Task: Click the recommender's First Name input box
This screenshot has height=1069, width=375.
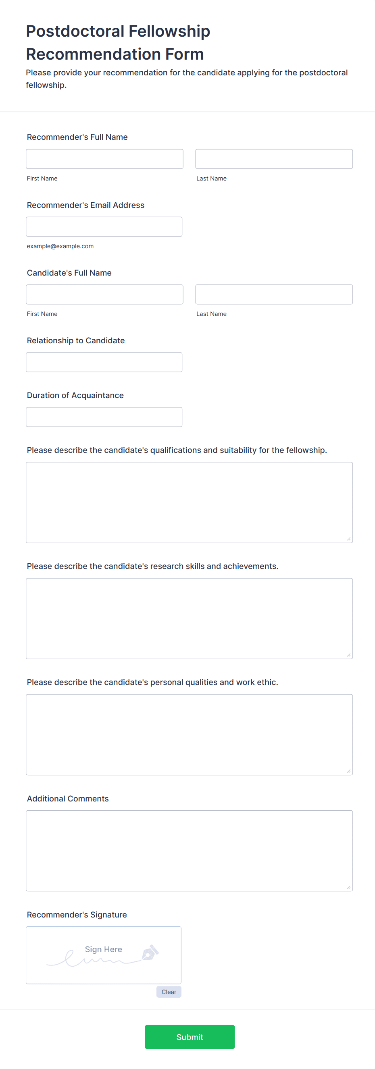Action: point(104,159)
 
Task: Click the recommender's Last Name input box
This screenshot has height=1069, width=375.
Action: point(274,159)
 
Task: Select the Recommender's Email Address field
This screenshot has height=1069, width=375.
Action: point(104,226)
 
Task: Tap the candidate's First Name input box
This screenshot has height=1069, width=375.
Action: point(104,294)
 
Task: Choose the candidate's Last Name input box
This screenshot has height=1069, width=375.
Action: point(274,294)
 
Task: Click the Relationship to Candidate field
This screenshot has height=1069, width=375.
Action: point(104,362)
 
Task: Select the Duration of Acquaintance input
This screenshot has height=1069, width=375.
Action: point(104,417)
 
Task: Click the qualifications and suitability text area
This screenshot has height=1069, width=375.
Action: point(189,502)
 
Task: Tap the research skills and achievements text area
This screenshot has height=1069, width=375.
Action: point(189,619)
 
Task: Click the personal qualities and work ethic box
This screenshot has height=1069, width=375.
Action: point(189,735)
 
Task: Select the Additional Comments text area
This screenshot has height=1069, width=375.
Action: point(189,851)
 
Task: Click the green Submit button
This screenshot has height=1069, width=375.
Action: point(190,1037)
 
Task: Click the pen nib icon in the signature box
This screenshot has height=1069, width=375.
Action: point(150,953)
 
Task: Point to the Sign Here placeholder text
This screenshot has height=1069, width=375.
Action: point(103,949)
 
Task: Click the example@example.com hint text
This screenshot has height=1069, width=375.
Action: point(60,246)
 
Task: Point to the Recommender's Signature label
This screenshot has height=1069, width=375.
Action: point(77,915)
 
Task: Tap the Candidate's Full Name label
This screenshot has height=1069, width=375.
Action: point(69,273)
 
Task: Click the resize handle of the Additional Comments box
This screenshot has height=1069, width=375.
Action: point(348,887)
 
